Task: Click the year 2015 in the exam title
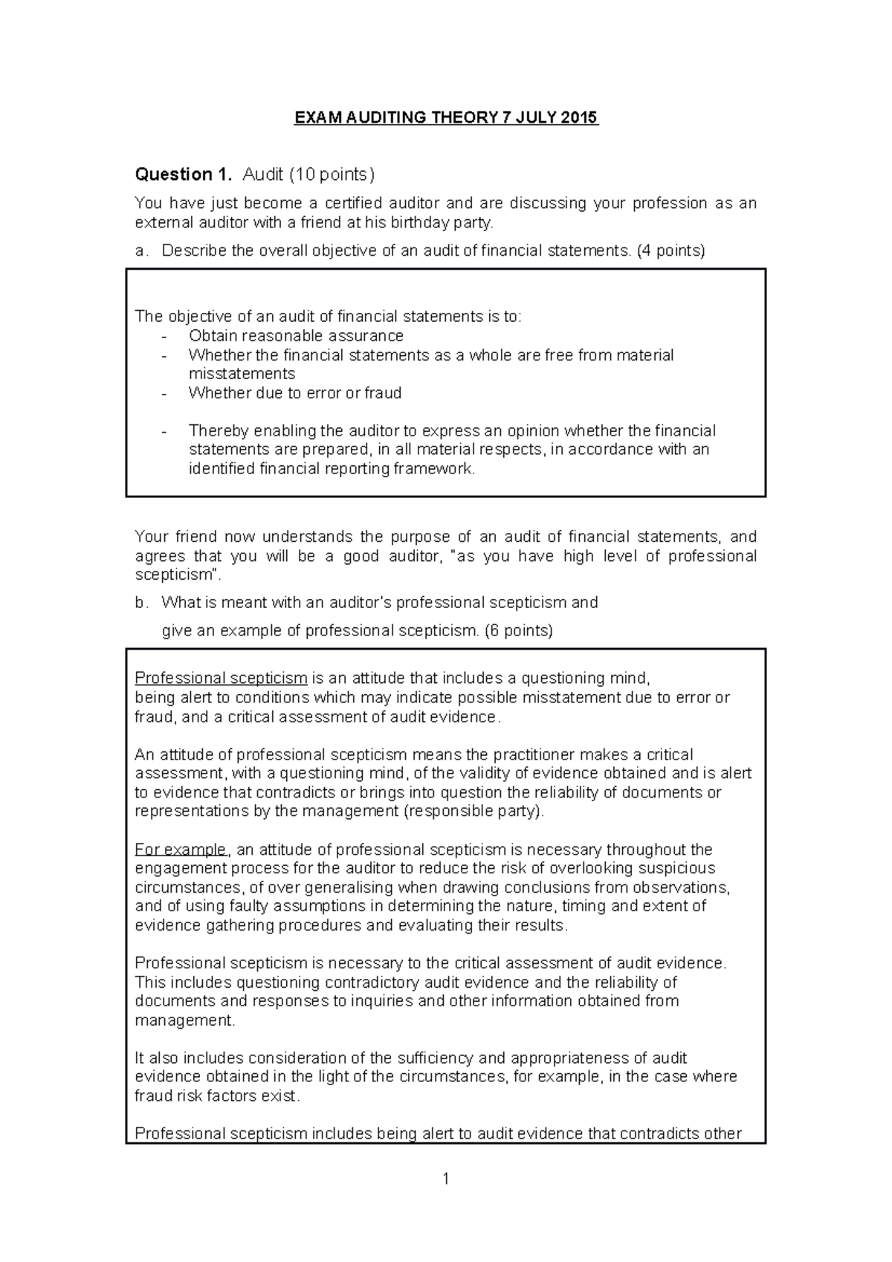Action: coord(580,117)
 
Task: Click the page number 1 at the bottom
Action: coord(445,1179)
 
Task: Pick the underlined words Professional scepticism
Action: coord(221,678)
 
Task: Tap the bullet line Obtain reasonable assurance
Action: coord(296,336)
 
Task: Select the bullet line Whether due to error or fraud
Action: coord(295,393)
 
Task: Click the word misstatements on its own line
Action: coord(242,374)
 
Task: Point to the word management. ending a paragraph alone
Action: coord(184,1020)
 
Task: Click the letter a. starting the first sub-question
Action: coord(140,250)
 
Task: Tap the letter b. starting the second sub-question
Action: coord(140,603)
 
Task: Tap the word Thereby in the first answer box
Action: coord(219,431)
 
